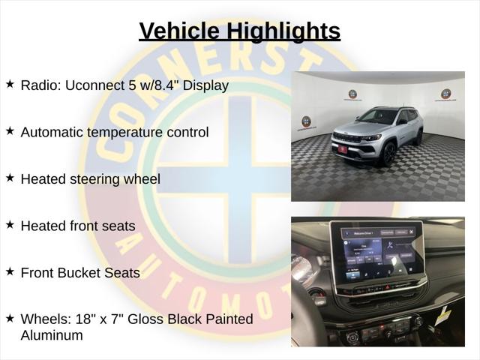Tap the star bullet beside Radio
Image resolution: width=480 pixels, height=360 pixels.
(10, 84)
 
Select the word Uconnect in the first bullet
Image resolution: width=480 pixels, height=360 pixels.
(94, 85)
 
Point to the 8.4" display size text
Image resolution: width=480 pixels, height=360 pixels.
(165, 85)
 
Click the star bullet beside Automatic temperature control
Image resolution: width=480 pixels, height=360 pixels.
(10, 130)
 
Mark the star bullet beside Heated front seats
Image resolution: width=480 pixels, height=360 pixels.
(10, 224)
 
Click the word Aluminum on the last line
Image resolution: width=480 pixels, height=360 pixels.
(52, 335)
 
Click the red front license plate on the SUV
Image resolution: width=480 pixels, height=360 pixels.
(343, 149)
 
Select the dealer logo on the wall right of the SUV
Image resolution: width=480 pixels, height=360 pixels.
(445, 94)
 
